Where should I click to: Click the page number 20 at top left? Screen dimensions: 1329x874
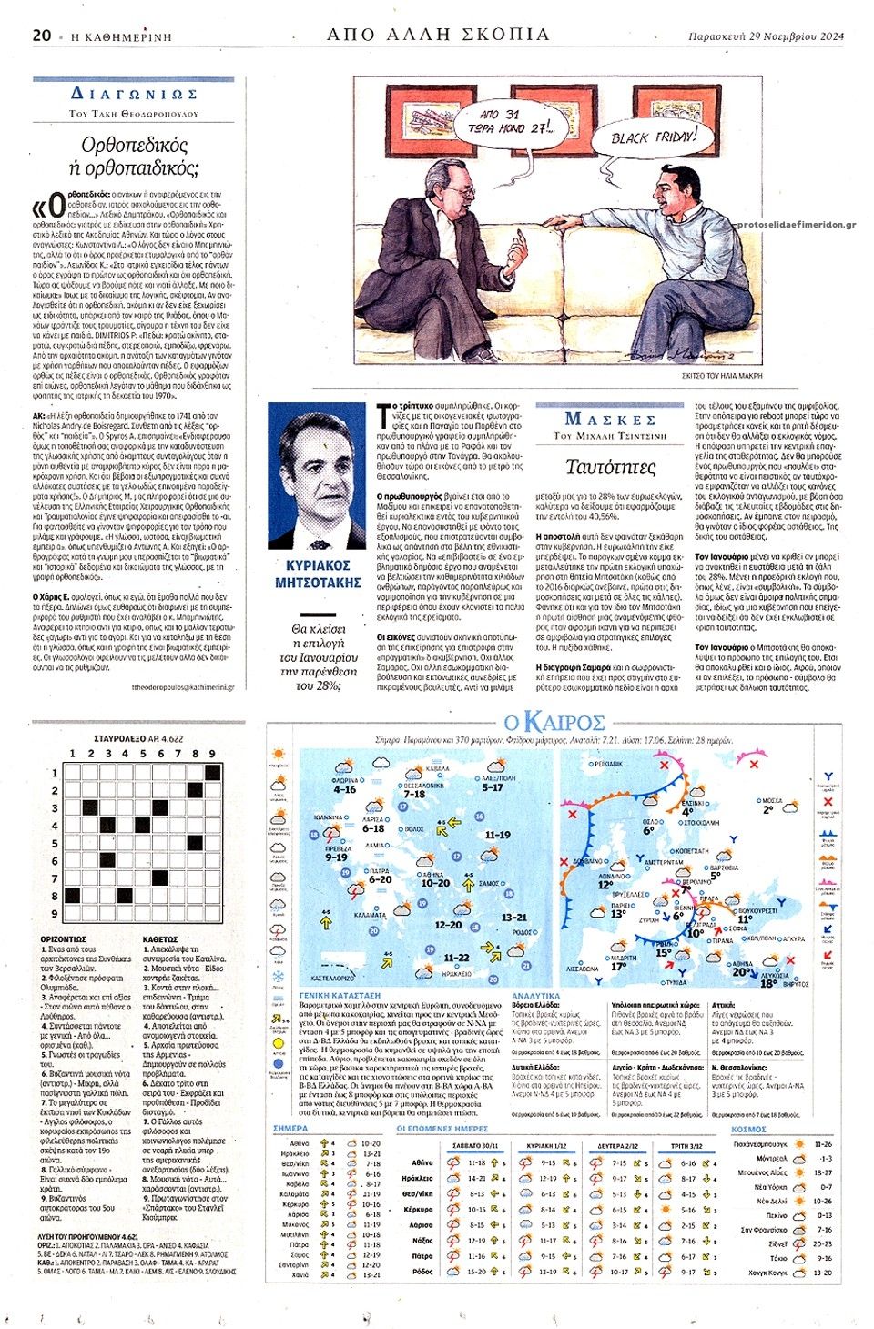click(x=41, y=36)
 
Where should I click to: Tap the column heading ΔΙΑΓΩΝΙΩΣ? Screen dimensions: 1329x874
click(x=134, y=95)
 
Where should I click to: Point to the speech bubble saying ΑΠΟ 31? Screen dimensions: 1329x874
click(x=513, y=121)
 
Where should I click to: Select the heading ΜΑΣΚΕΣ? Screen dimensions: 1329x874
click(x=610, y=420)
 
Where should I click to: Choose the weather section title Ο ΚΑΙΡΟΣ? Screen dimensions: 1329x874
click(x=554, y=723)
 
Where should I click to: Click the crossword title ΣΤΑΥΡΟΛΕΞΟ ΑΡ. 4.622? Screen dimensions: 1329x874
click(x=138, y=739)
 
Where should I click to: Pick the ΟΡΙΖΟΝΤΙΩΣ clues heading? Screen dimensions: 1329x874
click(x=64, y=938)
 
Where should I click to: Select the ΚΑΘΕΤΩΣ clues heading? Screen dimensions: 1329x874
click(x=160, y=938)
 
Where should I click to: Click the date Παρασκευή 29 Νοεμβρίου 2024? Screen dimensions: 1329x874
click(x=766, y=36)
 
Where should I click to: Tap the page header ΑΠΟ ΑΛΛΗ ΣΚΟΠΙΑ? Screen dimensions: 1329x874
click(x=438, y=35)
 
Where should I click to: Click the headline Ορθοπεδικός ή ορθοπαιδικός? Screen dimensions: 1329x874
click(x=134, y=156)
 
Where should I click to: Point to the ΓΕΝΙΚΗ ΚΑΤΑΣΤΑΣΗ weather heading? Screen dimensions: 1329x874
click(x=340, y=996)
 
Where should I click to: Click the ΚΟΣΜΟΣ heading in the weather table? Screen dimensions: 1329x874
click(x=748, y=1129)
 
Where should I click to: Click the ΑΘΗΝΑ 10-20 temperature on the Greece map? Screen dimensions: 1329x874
click(x=434, y=882)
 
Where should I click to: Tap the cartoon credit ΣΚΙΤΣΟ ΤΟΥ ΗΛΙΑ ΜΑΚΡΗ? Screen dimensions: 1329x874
click(x=722, y=375)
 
